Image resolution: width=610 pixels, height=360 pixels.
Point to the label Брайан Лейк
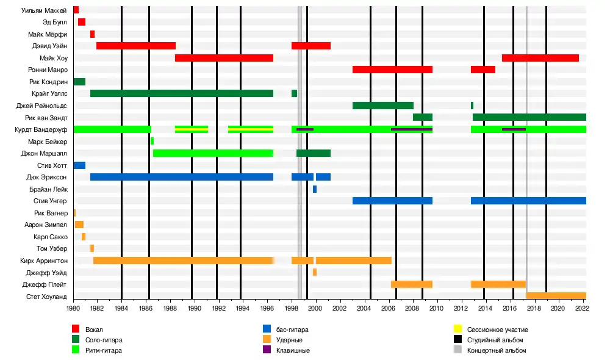[51, 189]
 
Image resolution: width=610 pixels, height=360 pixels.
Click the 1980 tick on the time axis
[73, 309]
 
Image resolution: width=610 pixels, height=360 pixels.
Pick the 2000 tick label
[315, 309]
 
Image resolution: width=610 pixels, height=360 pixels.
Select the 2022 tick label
[581, 309]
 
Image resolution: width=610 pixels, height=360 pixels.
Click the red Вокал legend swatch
[76, 329]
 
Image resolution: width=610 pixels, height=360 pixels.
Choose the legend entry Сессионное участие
[495, 329]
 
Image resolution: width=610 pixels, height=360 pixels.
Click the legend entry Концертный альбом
[496, 350]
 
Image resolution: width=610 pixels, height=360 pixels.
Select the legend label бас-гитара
[292, 329]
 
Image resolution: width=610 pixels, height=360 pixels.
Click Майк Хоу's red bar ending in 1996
[224, 58]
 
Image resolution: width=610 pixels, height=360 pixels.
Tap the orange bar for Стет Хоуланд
[556, 296]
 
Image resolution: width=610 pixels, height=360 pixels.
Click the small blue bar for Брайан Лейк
[315, 189]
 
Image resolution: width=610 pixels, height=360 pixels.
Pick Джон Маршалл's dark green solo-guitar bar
[314, 153]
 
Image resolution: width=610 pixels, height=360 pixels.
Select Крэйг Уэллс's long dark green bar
[182, 93]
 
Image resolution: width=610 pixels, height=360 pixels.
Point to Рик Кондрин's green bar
[79, 82]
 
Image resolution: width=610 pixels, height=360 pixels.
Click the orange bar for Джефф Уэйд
[315, 272]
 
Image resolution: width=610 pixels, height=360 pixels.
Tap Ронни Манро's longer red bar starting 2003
[392, 70]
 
